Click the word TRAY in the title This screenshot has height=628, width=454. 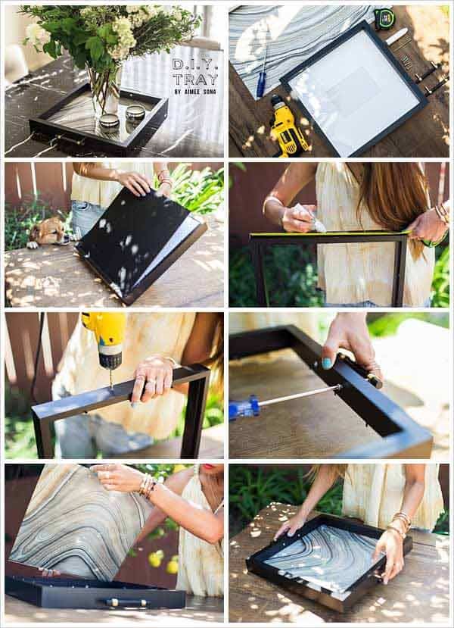196,80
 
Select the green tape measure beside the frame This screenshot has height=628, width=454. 384,19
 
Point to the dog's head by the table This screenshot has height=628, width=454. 47,232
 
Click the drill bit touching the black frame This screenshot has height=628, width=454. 111,379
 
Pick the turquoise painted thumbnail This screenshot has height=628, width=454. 327,364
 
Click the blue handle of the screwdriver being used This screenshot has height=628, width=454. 244,407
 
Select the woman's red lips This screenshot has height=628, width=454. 209,467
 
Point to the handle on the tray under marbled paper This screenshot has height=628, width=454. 127,601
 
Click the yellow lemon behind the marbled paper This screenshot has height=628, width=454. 173,567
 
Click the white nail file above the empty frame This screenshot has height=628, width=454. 396,36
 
